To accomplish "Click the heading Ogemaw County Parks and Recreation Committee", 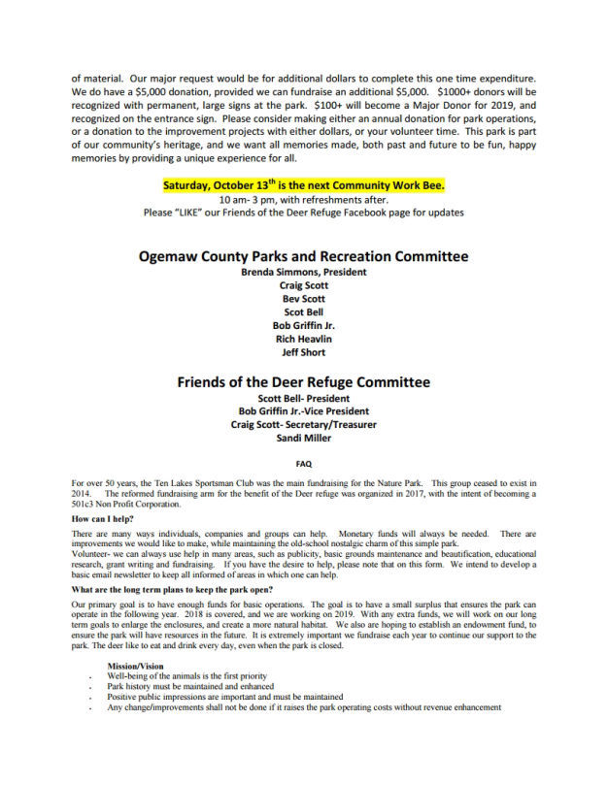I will point(303,256).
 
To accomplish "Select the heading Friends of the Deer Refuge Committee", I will point(303,382).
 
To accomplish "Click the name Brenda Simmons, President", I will point(303,273).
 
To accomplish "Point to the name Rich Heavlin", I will point(303,339).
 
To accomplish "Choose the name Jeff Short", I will point(303,352).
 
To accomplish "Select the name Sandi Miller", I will point(303,438).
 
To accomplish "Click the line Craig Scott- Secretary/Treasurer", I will point(303,424).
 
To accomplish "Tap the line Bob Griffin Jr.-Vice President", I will point(303,411).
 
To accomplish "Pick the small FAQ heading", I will point(303,464).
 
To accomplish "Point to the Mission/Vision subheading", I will point(136,665).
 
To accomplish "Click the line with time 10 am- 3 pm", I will point(303,198).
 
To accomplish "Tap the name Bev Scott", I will point(303,299).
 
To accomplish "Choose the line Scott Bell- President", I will point(303,398).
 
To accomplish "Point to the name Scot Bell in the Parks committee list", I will point(303,312).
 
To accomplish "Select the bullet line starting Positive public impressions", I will point(225,697).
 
